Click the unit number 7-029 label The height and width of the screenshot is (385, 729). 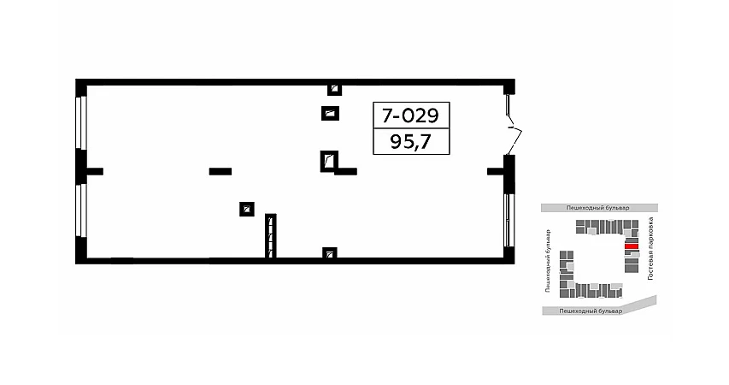tap(410, 115)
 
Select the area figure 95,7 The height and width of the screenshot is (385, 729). tap(410, 141)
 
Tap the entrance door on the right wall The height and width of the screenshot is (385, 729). tap(513, 125)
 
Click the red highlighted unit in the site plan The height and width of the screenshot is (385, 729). tap(632, 246)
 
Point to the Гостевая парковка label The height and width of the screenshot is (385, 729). tap(650, 249)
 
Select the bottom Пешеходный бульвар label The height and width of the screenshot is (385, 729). tap(591, 311)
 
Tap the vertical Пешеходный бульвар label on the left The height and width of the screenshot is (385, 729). tap(548, 261)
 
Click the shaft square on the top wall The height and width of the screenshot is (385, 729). tap(334, 89)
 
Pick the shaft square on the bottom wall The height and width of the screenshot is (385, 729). tap(330, 253)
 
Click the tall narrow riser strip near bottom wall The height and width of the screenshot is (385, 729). tap(271, 236)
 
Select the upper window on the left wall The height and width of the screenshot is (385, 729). tap(82, 122)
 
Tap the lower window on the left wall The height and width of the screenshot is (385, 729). tap(82, 210)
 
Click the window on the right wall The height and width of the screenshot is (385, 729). tap(510, 220)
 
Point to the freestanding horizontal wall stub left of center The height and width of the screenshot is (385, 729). tap(220, 171)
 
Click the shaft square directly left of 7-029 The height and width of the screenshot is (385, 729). tap(330, 113)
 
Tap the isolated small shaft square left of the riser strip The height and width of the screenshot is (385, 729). tap(247, 209)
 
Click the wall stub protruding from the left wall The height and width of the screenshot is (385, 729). tap(95, 171)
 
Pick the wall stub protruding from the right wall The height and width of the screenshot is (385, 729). tap(496, 171)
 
